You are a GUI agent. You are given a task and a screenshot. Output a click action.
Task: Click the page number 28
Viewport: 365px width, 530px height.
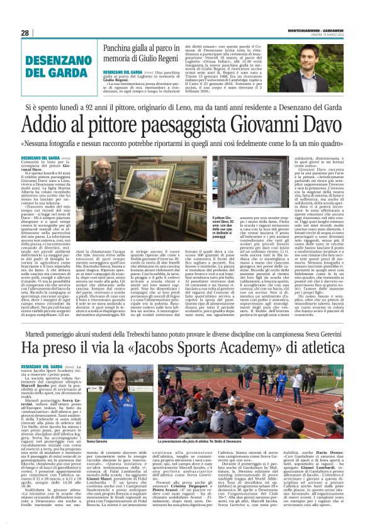point(25,33)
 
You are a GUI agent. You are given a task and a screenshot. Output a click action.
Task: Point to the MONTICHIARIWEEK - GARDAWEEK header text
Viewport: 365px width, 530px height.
point(318,28)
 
